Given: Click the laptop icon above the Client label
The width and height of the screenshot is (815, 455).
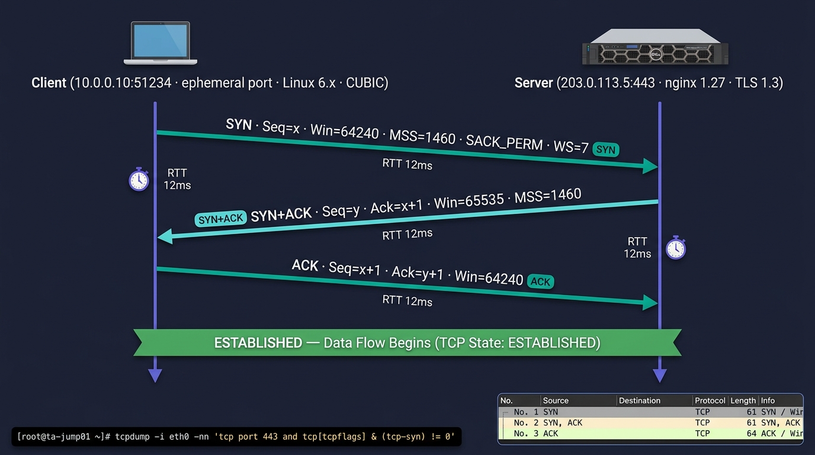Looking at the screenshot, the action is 161,43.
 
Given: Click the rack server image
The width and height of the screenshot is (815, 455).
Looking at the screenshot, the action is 655,47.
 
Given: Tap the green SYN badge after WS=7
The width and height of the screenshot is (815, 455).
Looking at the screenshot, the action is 606,150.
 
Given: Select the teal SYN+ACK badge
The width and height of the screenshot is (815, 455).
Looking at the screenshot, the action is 220,219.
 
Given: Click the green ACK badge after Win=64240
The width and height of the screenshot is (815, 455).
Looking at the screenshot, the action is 540,282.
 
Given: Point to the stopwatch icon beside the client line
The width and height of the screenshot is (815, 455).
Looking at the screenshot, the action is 139,179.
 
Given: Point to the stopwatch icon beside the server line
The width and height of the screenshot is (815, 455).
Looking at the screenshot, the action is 676,248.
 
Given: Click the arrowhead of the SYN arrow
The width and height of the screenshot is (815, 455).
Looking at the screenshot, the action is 650,166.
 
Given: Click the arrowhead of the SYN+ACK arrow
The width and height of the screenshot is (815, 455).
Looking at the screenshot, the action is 165,237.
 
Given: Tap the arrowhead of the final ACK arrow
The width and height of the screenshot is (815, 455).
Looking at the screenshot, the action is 650,302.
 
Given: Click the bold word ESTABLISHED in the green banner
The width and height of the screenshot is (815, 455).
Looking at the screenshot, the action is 258,343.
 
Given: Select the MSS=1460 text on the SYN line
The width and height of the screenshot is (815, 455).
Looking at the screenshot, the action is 422,137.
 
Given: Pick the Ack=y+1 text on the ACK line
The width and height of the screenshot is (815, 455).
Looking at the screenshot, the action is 418,273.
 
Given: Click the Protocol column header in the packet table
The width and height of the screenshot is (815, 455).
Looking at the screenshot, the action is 710,400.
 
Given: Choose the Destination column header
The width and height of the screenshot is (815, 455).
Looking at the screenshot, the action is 640,400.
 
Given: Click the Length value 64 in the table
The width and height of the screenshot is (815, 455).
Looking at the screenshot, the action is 751,434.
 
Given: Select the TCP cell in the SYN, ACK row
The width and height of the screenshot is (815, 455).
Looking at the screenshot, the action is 702,422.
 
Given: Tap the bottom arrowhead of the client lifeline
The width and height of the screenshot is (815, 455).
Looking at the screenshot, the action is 155,376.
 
